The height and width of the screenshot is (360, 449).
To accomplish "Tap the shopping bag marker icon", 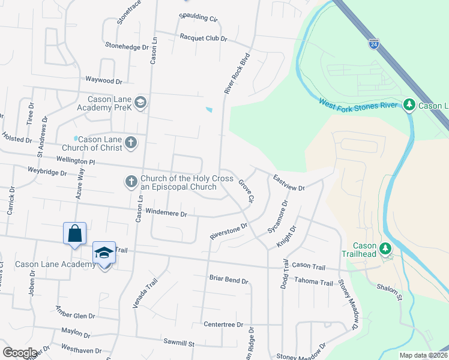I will (x=75, y=233).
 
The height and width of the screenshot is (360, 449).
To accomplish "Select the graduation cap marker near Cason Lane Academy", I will (x=104, y=253).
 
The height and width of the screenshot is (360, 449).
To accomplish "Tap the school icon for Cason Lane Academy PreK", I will (x=140, y=103).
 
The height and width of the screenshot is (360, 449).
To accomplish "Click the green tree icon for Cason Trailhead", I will (x=386, y=248).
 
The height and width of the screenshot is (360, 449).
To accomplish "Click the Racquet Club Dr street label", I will (x=203, y=37).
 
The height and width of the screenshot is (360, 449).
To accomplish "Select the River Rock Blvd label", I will (x=237, y=74).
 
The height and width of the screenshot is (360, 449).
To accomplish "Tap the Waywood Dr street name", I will (x=104, y=80).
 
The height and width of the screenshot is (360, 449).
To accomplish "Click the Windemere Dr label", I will (x=167, y=214).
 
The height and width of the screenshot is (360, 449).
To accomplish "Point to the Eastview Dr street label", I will (x=289, y=183).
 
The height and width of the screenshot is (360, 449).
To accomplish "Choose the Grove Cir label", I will (x=246, y=190).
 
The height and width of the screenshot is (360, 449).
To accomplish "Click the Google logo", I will (x=20, y=353).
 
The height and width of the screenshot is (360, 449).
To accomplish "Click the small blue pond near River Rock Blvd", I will (x=208, y=110).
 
